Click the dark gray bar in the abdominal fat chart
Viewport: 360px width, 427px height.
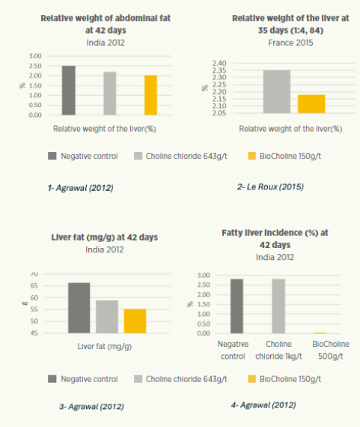tap(69, 90)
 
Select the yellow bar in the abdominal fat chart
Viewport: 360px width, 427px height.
tap(150, 95)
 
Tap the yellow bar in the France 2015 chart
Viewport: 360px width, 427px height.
tap(311, 104)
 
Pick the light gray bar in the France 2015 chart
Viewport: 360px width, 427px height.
tap(277, 91)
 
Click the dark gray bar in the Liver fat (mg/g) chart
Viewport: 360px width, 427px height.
tap(79, 308)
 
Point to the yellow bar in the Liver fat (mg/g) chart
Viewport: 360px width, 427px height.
tap(135, 321)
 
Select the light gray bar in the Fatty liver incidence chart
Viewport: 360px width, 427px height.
tap(278, 306)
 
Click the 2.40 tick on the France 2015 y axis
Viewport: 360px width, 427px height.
tap(219, 63)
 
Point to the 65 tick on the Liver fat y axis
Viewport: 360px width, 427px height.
tap(34, 285)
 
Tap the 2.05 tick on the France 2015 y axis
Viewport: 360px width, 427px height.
tap(219, 113)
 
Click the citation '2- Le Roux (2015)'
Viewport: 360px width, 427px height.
tap(270, 187)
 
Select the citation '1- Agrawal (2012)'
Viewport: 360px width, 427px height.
tap(81, 188)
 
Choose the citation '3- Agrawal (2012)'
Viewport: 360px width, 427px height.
tap(91, 407)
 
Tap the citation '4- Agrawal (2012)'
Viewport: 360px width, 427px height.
tap(263, 405)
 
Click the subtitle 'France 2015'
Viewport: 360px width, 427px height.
tap(290, 43)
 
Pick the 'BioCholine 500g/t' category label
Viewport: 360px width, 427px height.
tap(331, 350)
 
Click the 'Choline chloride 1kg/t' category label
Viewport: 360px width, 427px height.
tap(278, 350)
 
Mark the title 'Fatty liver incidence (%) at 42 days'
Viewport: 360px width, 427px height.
tap(275, 239)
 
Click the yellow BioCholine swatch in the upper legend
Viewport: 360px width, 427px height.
tap(252, 156)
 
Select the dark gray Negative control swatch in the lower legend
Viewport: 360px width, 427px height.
tap(52, 379)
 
